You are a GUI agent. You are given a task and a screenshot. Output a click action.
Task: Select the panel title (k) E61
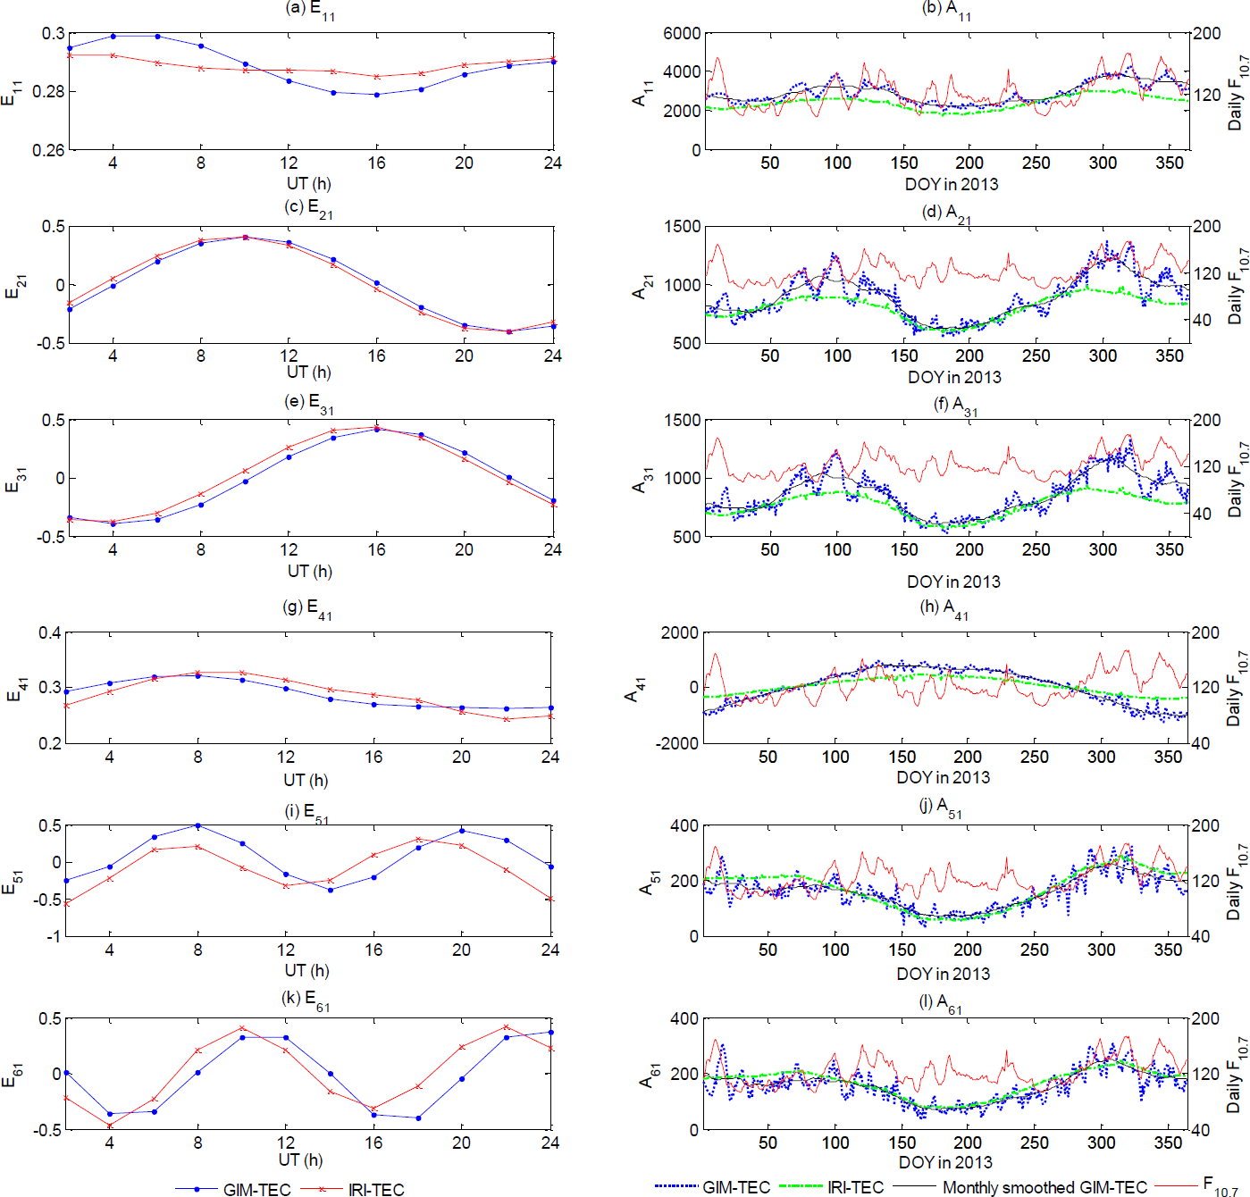click(x=306, y=999)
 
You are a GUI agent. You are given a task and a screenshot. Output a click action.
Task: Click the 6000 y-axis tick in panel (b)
click(x=682, y=34)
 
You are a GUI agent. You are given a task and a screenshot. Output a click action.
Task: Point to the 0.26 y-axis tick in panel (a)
click(x=49, y=150)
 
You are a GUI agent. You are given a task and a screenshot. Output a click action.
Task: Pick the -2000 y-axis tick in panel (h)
click(x=679, y=743)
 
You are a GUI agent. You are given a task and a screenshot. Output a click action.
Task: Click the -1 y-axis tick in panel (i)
click(x=55, y=936)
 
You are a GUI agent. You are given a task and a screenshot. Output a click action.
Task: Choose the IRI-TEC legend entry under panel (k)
click(x=375, y=1189)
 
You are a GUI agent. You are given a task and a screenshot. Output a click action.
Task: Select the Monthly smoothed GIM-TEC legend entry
click(x=1044, y=1187)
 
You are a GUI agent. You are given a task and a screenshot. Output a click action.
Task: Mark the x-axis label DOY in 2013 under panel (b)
click(x=952, y=184)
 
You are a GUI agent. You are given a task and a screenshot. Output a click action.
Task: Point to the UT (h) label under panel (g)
click(x=306, y=780)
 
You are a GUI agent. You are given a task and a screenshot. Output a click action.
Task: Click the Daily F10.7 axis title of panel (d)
click(x=1237, y=285)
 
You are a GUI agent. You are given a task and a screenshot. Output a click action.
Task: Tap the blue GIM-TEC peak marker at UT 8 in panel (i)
click(x=197, y=825)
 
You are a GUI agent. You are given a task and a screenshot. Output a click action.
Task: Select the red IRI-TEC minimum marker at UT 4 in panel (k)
click(x=110, y=1126)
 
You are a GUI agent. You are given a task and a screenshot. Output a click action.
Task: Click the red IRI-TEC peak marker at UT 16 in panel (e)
click(x=376, y=427)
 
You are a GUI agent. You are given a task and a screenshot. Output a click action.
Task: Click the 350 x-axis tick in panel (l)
click(x=1168, y=1143)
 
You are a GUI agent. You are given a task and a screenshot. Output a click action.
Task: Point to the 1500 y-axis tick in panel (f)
click(x=682, y=421)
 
